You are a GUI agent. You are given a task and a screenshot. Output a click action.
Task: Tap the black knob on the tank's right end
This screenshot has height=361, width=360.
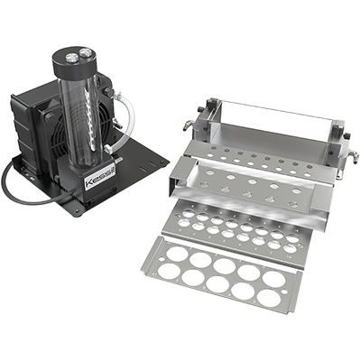(346, 136)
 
